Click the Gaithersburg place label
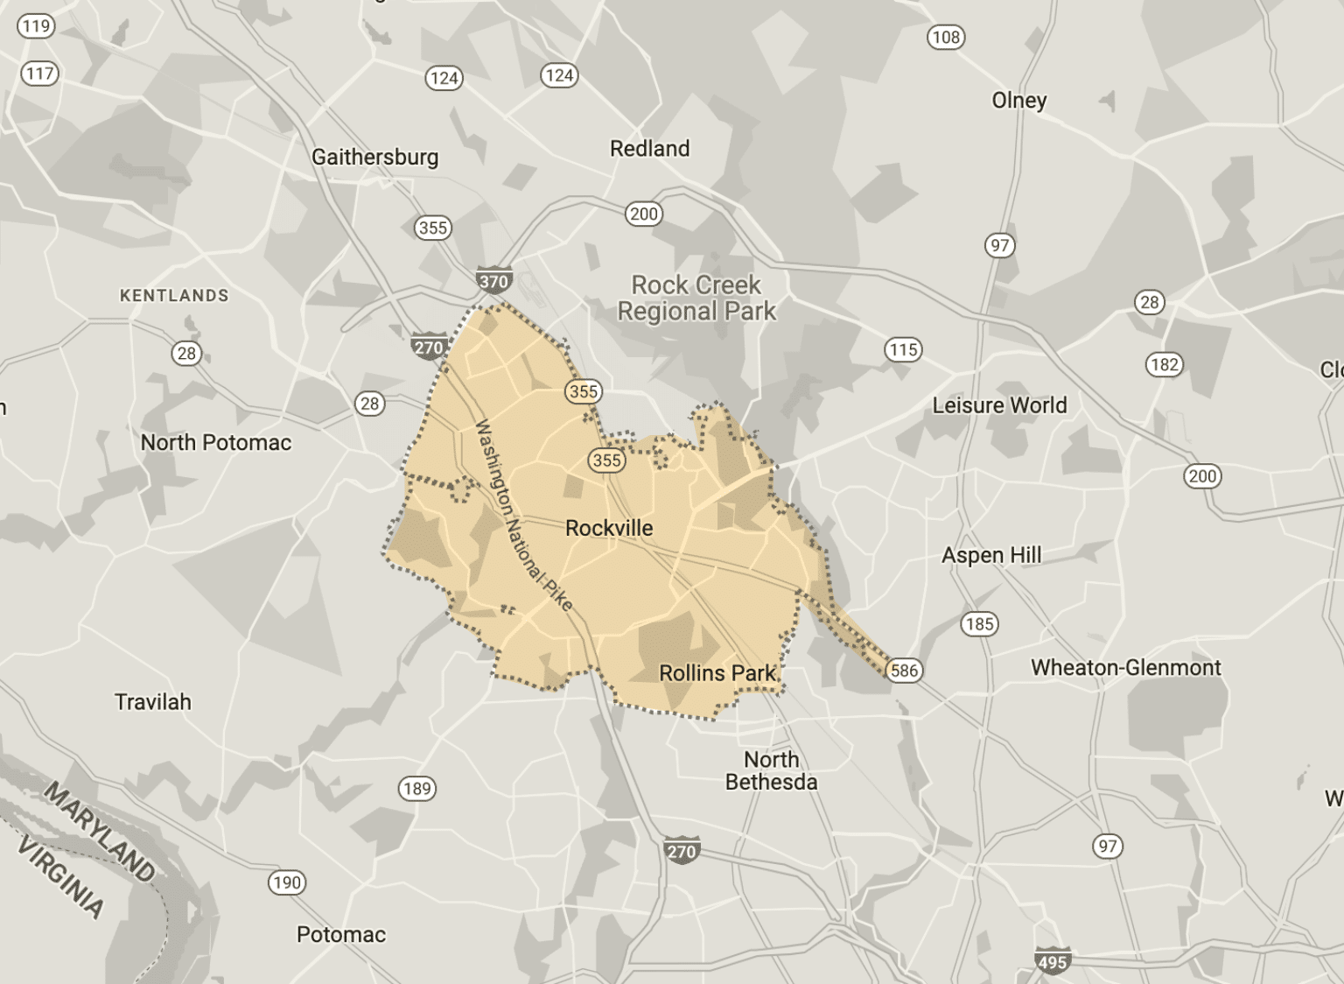pos(374,158)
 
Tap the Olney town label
pos(1018,101)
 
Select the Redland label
pos(649,149)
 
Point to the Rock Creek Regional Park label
pos(696,299)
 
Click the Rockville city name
pos(609,528)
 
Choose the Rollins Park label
pos(717,673)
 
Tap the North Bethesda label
pos(771,770)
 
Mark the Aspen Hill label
pos(991,555)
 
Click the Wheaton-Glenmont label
pos(1125,667)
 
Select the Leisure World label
pos(999,405)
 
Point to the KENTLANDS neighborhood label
pos(174,296)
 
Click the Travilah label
pos(153,702)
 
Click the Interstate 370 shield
pos(493,281)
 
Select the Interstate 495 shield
pos(1052,961)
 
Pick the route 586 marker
pos(904,671)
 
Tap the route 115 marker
pos(903,350)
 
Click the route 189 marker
pos(417,788)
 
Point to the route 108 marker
pos(946,37)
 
